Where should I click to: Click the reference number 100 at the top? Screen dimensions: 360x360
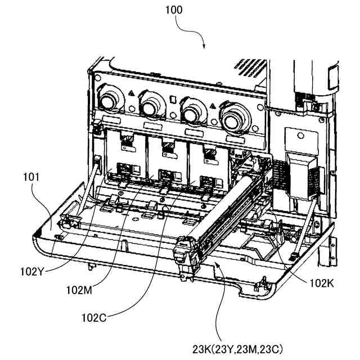click(x=174, y=10)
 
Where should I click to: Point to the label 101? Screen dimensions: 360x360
click(x=32, y=177)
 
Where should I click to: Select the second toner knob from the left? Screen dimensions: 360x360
click(x=151, y=105)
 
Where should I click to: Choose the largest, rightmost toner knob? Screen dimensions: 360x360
click(x=235, y=117)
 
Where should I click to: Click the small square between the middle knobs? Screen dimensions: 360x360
click(x=172, y=100)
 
